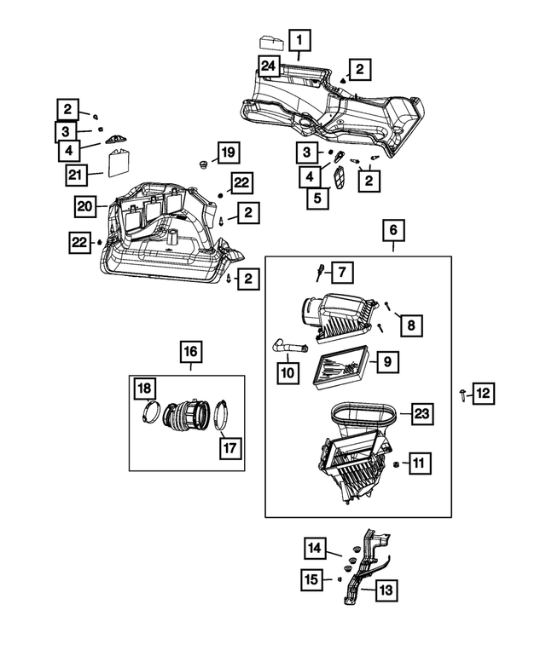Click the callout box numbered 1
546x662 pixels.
[299, 39]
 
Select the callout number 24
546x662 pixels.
[269, 66]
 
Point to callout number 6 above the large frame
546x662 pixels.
[393, 230]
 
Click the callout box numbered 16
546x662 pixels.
[190, 350]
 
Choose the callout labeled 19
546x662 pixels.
[227, 153]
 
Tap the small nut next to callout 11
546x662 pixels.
[398, 463]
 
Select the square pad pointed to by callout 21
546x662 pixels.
[119, 159]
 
